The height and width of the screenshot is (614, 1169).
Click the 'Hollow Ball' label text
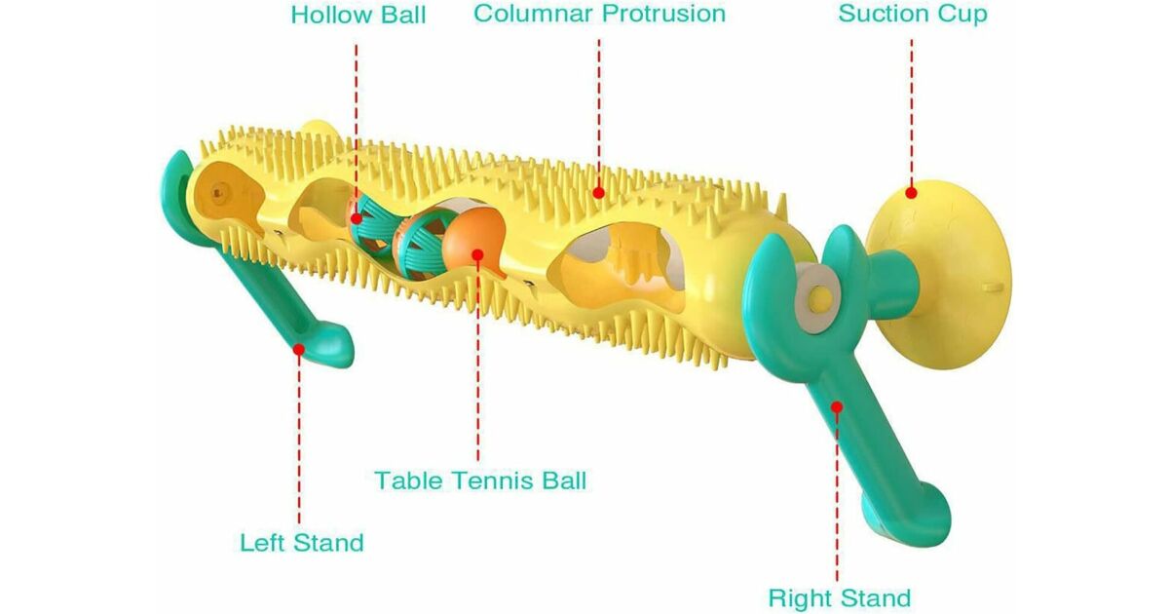pyautogui.click(x=358, y=16)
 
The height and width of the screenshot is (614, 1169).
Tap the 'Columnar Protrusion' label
pyautogui.click(x=599, y=14)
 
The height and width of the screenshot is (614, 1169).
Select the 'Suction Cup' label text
pyautogui.click(x=912, y=15)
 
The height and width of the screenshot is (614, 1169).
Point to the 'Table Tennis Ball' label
pyautogui.click(x=480, y=480)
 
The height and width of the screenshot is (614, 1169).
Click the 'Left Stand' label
pyautogui.click(x=301, y=543)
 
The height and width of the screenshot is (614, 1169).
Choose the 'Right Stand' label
pyautogui.click(x=839, y=597)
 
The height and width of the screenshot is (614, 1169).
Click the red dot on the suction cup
pyautogui.click(x=911, y=193)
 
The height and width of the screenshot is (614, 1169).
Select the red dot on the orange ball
pyautogui.click(x=477, y=255)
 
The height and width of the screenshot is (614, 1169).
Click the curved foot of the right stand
pyautogui.click(x=921, y=517)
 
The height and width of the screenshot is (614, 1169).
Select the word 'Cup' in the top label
pyautogui.click(x=964, y=15)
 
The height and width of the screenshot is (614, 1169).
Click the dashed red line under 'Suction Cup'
pyautogui.click(x=912, y=107)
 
